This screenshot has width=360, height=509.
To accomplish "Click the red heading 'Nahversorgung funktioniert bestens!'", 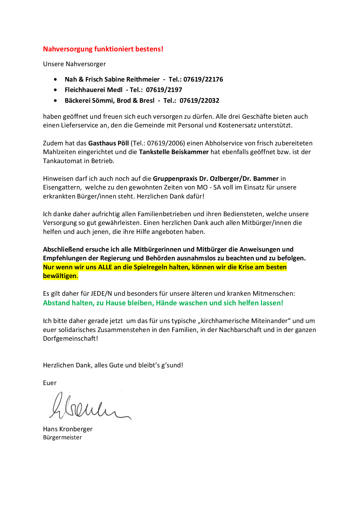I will (103, 49).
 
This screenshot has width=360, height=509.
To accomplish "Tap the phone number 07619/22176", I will (203, 80).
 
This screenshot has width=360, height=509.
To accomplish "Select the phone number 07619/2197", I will (164, 90).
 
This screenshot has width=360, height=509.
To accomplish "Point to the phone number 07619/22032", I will (199, 101).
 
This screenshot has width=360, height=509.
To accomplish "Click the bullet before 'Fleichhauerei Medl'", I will (55, 90).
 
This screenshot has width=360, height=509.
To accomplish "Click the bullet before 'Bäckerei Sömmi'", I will (55, 101).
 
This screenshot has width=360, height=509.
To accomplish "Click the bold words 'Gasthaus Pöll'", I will (108, 143).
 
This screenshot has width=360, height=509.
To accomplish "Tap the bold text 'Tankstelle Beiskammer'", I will (174, 152).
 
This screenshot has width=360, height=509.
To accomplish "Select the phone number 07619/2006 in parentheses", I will (165, 143).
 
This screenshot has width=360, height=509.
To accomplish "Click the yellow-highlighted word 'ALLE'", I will (105, 267).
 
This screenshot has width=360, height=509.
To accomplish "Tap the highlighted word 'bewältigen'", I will (60, 276).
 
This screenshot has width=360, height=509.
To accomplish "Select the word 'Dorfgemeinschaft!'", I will (70, 339).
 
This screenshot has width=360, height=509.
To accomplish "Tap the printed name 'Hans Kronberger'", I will (68, 429).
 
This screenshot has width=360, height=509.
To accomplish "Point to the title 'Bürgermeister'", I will (62, 438).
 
